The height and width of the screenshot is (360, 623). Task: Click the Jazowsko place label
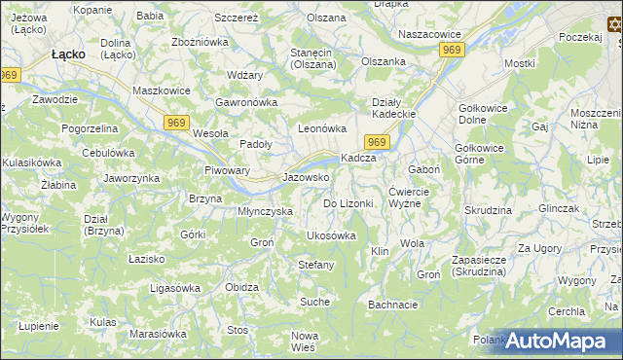305,178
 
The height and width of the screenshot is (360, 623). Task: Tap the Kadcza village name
358,159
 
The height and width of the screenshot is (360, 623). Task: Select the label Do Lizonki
348,203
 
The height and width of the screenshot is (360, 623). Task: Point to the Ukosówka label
331,235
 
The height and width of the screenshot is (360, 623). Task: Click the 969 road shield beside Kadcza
380,143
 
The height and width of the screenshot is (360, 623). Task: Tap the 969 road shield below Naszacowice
451,49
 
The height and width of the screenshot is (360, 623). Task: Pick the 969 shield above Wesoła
175,121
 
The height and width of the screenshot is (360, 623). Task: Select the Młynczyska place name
265,211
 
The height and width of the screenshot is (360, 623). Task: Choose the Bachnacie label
393,305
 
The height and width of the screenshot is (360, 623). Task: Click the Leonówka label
322,128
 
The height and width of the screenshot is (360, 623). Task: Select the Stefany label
315,265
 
